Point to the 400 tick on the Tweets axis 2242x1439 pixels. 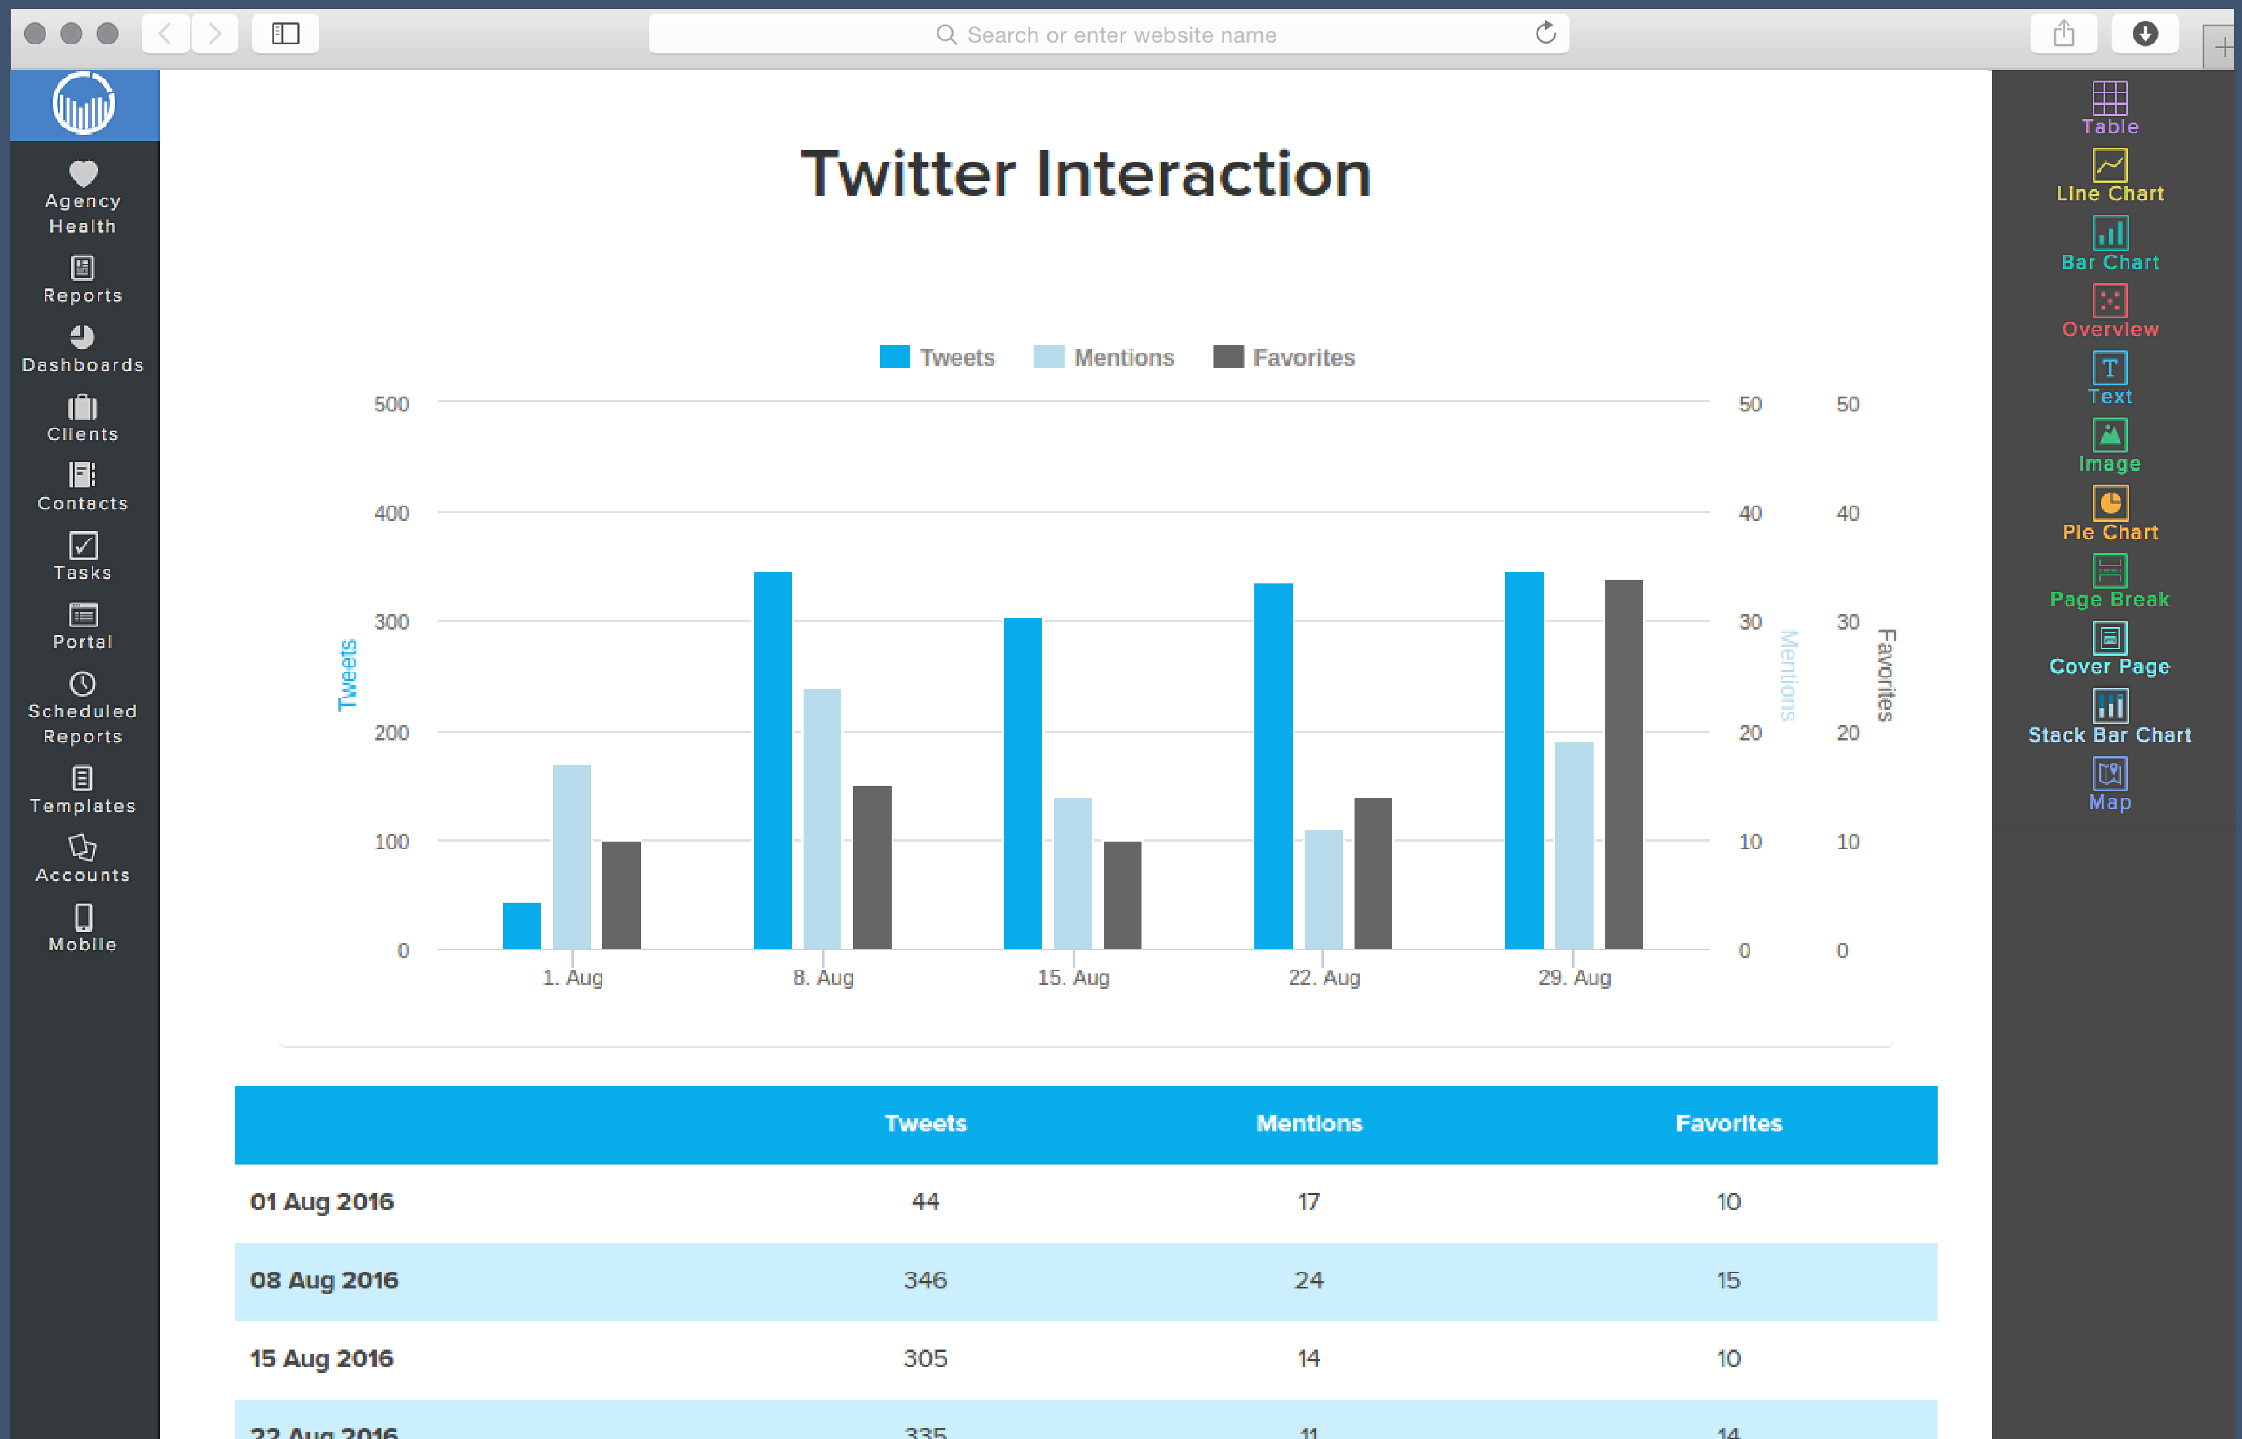coord(392,513)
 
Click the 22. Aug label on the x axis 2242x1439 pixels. coord(1323,977)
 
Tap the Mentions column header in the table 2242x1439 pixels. coord(1308,1123)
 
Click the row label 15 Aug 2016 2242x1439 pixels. coord(322,1359)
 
